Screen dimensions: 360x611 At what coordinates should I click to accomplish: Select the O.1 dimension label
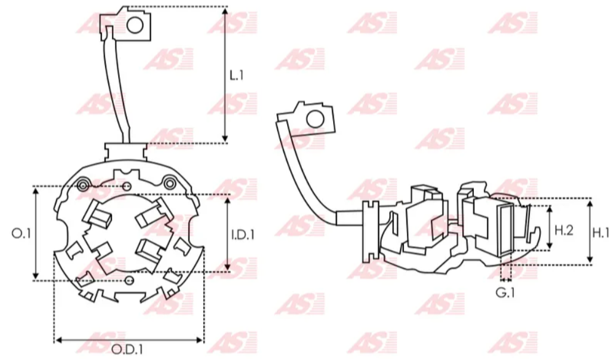pos(21,233)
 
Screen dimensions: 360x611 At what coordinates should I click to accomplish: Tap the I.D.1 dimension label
pos(243,233)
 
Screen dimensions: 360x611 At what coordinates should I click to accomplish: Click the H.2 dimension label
pos(564,230)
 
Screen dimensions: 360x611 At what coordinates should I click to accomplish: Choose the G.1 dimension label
pos(505,293)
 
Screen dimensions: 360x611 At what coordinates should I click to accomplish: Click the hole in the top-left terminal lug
pos(135,25)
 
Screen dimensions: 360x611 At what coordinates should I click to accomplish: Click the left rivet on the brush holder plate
pos(84,184)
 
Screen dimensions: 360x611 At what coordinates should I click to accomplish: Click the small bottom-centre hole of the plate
pos(128,281)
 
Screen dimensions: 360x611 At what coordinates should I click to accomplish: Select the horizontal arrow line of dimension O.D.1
pos(128,338)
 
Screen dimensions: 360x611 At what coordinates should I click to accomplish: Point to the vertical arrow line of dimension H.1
pos(589,232)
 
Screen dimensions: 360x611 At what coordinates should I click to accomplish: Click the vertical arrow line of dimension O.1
pos(36,233)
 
